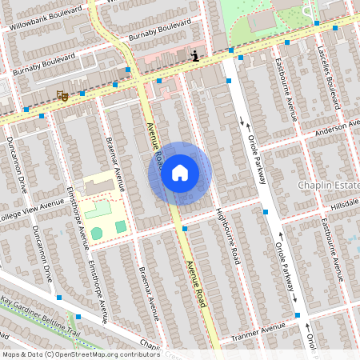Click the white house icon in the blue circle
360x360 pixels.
pos(180,173)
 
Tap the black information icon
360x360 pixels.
pos(195,56)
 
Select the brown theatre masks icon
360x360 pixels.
pos(62,95)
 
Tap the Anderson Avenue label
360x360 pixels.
pos(331,129)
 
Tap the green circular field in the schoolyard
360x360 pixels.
pos(97,233)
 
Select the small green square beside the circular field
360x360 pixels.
pos(120,227)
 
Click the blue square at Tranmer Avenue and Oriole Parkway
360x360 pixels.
pos(298,315)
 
